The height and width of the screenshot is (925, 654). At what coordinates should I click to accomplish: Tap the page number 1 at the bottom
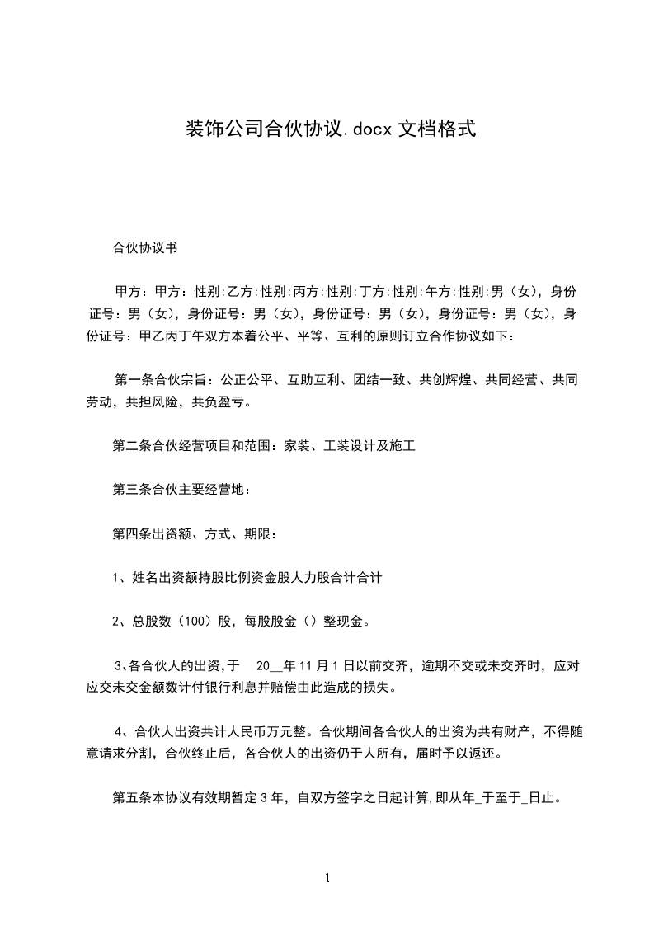327,879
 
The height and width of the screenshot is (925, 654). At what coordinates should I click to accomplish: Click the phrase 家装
296,447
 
